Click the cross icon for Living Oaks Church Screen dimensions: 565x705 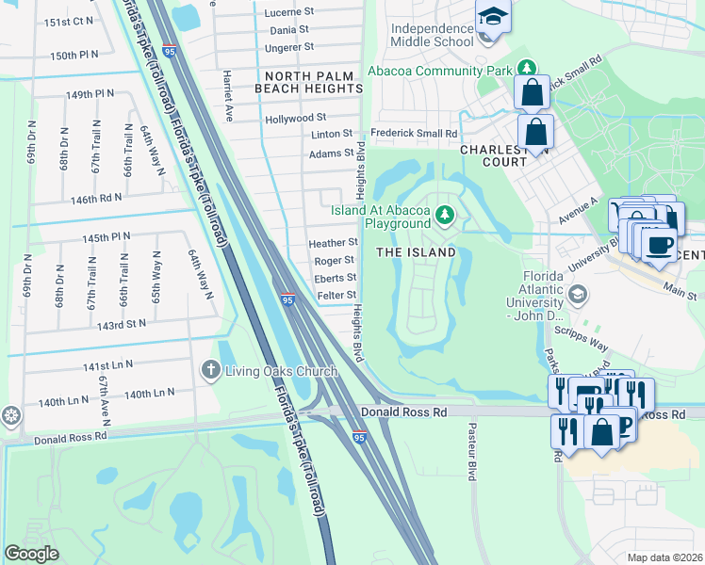pos(211,370)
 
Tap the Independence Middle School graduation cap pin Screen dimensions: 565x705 pos(491,20)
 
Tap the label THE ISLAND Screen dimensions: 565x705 pos(416,252)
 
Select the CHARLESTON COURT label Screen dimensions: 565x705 pos(493,155)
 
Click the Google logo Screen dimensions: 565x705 pos(31,553)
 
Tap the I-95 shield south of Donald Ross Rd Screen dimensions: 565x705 pos(359,438)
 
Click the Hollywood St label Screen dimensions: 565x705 pos(295,118)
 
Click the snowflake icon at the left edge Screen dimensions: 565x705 pos(10,415)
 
